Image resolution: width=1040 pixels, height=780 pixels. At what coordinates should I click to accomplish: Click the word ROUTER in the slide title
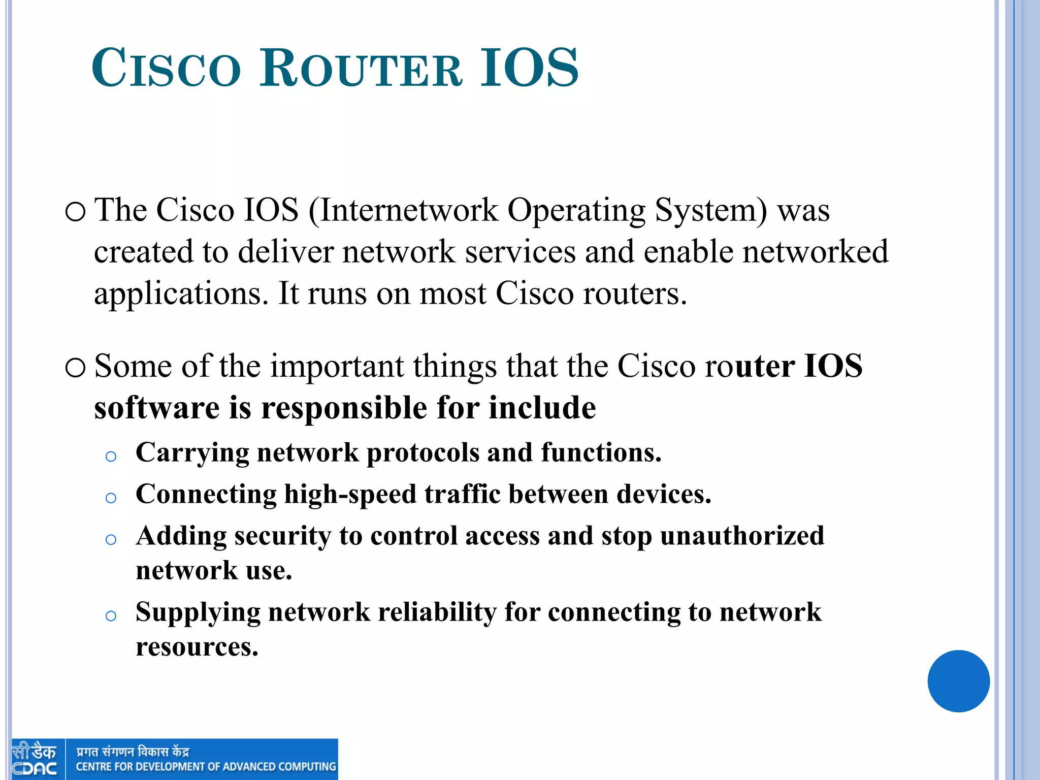pos(361,68)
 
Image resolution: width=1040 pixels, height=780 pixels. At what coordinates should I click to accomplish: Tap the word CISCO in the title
pos(166,68)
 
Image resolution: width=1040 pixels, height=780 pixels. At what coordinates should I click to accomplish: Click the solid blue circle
pos(958,681)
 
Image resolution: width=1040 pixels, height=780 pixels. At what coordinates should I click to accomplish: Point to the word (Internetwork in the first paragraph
pos(404,210)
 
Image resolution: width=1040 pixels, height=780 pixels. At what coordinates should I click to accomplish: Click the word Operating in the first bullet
pos(576,211)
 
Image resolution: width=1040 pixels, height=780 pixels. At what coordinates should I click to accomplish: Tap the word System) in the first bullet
pos(711,211)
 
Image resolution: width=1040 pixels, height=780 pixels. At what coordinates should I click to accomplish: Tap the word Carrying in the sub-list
pos(192,453)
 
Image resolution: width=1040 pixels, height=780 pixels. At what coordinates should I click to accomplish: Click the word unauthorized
pos(742,536)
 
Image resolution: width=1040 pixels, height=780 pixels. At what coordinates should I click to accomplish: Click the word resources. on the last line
pos(197,647)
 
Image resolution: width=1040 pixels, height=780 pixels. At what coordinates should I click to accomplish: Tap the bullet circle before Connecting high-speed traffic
pos(111,498)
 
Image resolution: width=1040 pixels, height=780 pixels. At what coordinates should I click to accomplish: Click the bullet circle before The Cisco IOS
pos(76,212)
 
